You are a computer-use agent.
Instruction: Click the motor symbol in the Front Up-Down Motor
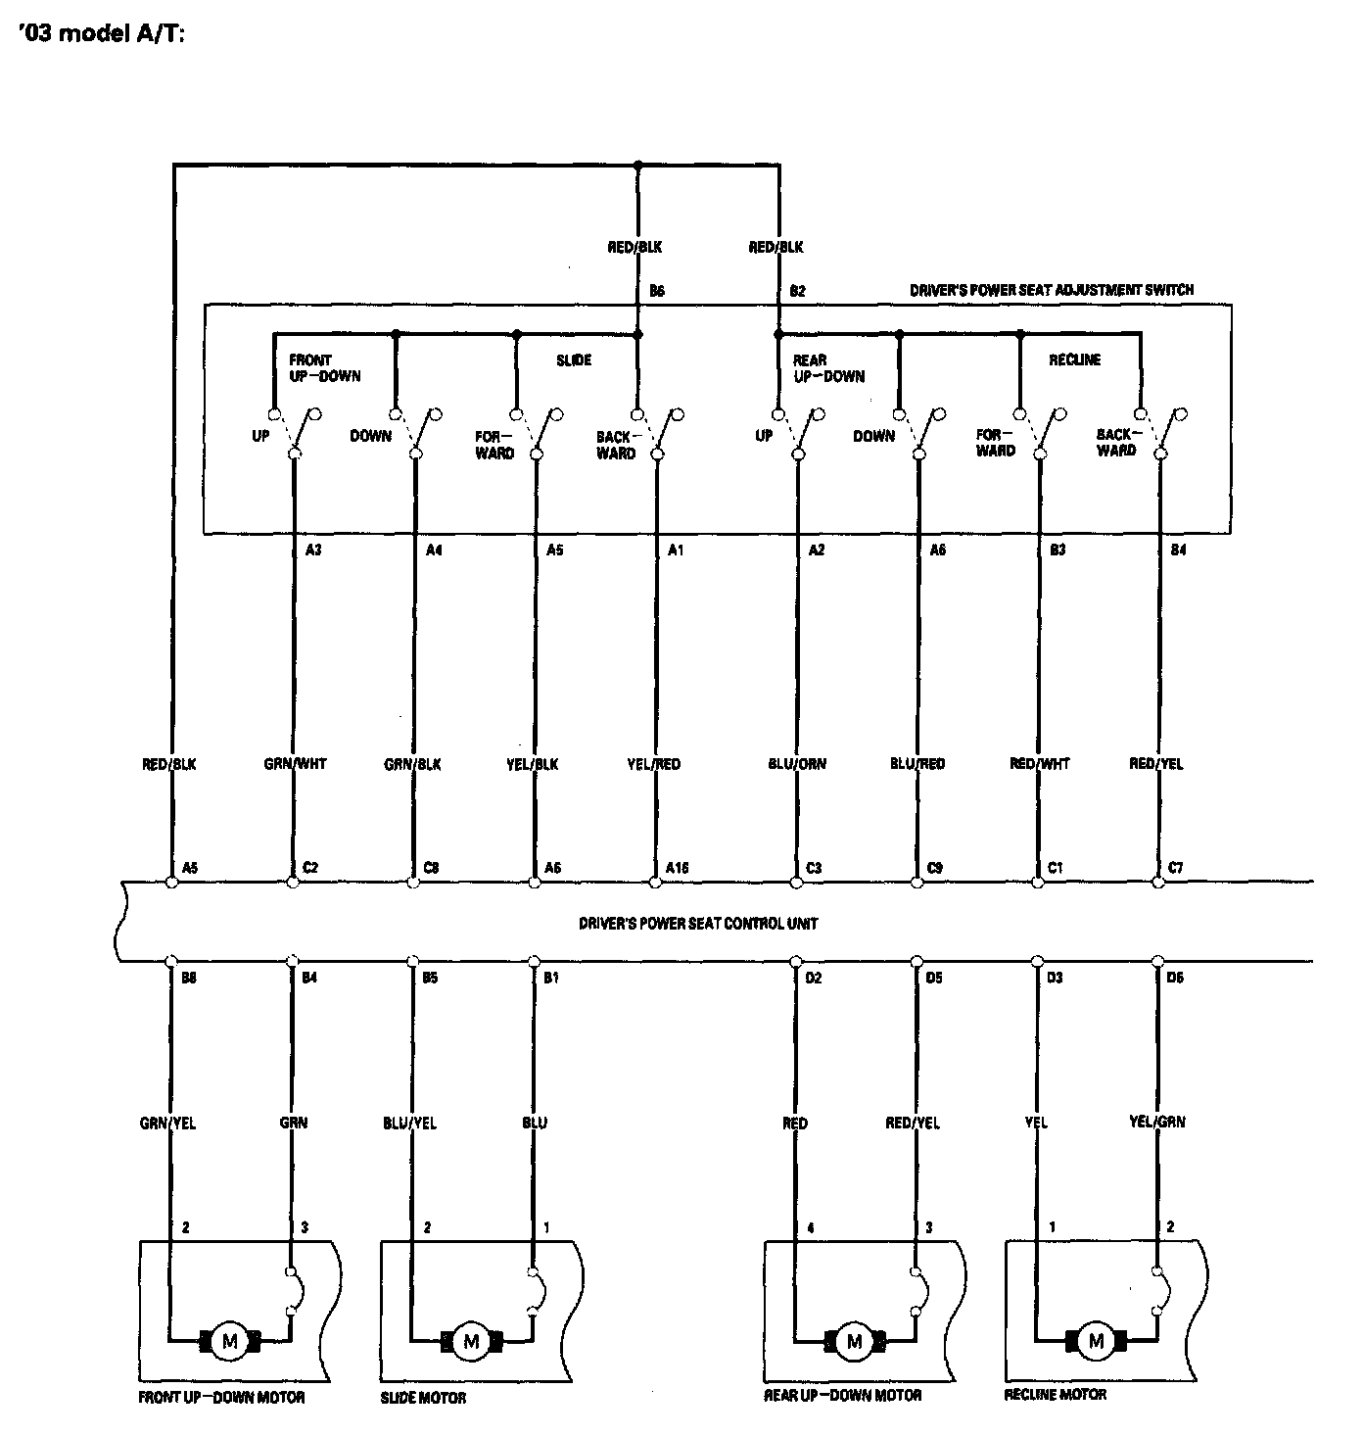pos(230,1341)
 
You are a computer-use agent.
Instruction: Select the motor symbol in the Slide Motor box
pos(471,1341)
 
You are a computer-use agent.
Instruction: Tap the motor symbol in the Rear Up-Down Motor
pos(854,1341)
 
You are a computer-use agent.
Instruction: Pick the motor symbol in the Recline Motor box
pos(1096,1341)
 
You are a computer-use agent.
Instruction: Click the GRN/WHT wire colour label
pos(295,764)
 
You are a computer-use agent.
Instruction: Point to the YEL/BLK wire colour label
pos(535,764)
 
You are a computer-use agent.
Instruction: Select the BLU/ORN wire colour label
pos(797,764)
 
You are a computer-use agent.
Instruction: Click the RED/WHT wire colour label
pos(1039,764)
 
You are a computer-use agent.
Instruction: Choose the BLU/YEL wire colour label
pos(409,1123)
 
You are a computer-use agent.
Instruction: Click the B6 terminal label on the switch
pos(657,291)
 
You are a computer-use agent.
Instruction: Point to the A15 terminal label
pos(677,868)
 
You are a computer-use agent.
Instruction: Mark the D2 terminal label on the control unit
pos(813,977)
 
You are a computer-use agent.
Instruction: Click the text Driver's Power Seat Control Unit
pos(697,923)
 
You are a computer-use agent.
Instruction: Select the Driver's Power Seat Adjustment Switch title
pos(1052,290)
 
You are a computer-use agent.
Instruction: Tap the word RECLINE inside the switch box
pos(1074,360)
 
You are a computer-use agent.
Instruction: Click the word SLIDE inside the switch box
pos(574,360)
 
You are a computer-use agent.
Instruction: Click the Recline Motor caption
pos(1055,1395)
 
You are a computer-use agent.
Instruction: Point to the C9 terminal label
pos(934,868)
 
